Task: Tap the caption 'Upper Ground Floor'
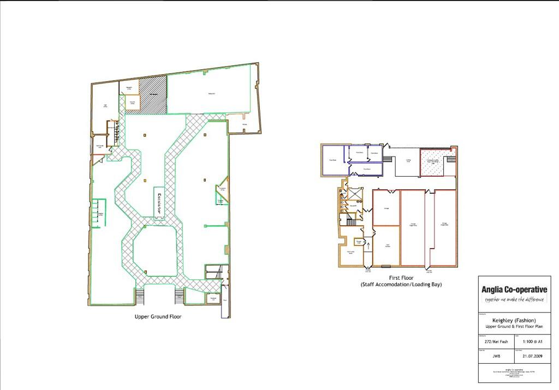[x=158, y=316]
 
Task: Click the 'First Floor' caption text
[x=401, y=278]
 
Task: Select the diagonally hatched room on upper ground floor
[x=153, y=95]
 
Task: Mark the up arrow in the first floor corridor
[x=369, y=247]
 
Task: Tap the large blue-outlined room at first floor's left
[x=332, y=160]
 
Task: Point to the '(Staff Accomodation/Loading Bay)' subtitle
[x=401, y=285]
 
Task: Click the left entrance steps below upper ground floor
[x=139, y=297]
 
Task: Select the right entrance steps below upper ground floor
[x=179, y=297]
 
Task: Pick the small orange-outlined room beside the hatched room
[x=132, y=103]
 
